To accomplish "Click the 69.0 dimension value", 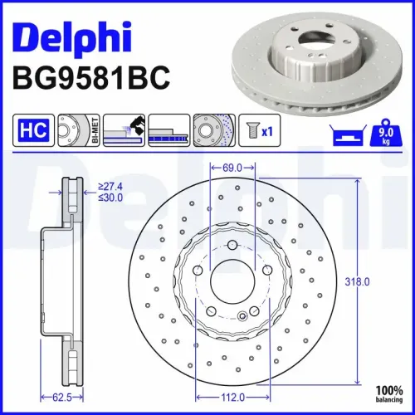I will [232, 168].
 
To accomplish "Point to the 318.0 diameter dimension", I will [382, 282].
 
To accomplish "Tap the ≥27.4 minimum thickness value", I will [112, 188].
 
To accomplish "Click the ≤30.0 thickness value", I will [112, 198].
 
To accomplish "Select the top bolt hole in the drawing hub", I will [232, 244].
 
